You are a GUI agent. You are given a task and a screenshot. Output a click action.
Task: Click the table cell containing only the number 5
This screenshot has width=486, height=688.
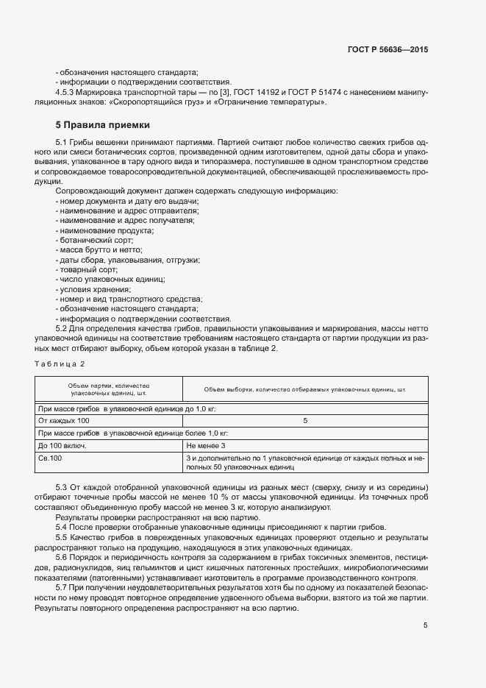click(305, 420)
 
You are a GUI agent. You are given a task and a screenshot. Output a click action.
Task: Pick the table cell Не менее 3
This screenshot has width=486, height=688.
click(205, 446)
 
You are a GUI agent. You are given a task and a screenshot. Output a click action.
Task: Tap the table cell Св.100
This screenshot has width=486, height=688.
click(50, 458)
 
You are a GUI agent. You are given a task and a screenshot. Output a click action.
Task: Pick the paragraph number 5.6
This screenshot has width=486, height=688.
click(62, 558)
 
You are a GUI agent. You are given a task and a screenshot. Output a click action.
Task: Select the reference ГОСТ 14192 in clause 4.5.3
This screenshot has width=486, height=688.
click(261, 92)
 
